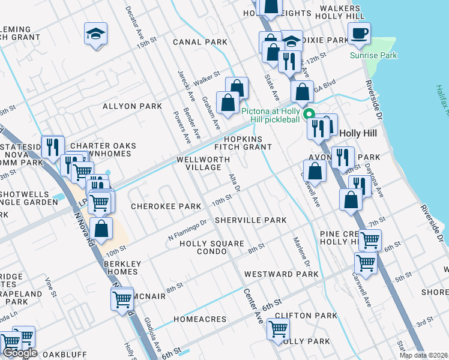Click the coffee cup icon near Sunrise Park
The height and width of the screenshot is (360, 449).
coord(360,33)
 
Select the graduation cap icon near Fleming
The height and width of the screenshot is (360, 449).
coord(95,34)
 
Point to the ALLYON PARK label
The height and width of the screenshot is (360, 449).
coord(132,106)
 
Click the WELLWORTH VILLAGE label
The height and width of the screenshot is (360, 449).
coord(203,164)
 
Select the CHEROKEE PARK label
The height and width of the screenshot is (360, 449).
coord(166,206)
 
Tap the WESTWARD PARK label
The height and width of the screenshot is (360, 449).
coord(281,274)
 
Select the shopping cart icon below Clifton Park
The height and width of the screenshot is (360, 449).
coord(278,328)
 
